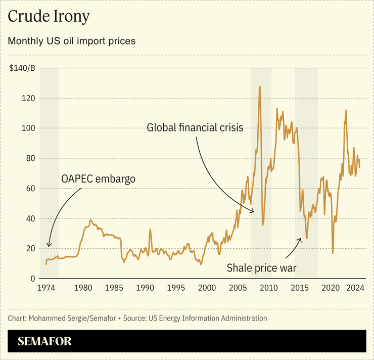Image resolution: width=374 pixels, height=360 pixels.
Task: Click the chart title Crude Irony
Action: (x=49, y=17)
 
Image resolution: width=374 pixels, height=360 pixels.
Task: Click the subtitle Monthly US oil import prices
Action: (x=71, y=41)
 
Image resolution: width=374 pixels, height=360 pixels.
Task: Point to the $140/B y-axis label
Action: (x=22, y=68)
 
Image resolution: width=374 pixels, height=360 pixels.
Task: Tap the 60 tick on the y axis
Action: (x=30, y=189)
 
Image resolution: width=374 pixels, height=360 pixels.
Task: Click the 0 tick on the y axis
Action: (x=33, y=279)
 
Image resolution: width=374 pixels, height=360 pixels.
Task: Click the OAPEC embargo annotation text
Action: (x=98, y=179)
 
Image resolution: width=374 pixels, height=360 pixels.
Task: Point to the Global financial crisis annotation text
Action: (x=196, y=128)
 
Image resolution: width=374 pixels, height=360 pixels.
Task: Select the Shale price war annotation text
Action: (x=261, y=267)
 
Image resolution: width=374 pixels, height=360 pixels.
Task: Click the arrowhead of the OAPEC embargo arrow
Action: (x=49, y=246)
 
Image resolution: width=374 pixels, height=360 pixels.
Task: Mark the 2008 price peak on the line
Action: (x=260, y=86)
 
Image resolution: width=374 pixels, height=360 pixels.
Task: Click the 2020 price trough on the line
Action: (x=333, y=253)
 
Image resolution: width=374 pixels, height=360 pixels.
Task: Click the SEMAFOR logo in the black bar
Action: (x=44, y=341)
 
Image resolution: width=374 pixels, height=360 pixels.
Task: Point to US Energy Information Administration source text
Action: (x=207, y=319)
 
